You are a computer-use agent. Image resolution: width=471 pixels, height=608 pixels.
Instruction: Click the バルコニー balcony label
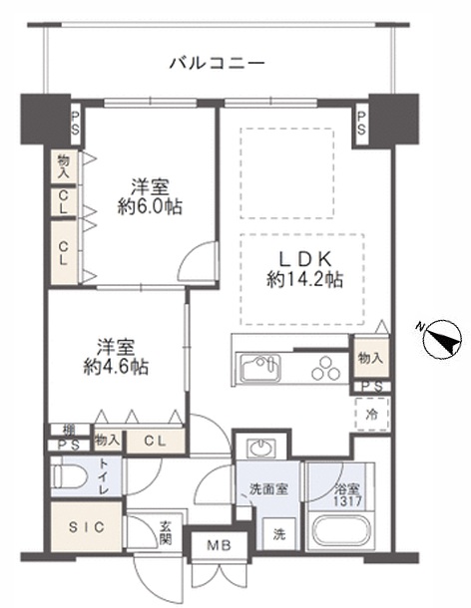click(218, 62)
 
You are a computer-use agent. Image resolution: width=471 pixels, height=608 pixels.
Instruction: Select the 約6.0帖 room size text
click(150, 206)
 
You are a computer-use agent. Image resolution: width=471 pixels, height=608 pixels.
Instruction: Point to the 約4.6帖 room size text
click(116, 367)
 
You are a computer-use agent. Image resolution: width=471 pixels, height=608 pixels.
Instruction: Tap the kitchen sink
click(260, 368)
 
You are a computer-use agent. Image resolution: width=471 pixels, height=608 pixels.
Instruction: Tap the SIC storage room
click(87, 527)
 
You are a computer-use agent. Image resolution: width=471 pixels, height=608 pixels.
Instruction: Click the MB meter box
click(219, 545)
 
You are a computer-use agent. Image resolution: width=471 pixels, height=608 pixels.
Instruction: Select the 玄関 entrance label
click(166, 533)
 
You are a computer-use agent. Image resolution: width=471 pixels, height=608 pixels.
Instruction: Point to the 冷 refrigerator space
click(372, 414)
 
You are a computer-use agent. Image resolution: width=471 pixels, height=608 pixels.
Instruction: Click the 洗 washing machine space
click(278, 534)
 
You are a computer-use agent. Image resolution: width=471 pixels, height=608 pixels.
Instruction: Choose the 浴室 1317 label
click(348, 494)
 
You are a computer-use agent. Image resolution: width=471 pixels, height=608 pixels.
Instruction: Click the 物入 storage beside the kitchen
click(370, 358)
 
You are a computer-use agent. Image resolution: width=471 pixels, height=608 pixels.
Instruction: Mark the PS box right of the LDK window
click(361, 123)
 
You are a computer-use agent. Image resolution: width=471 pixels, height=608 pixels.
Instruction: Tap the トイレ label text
click(104, 476)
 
